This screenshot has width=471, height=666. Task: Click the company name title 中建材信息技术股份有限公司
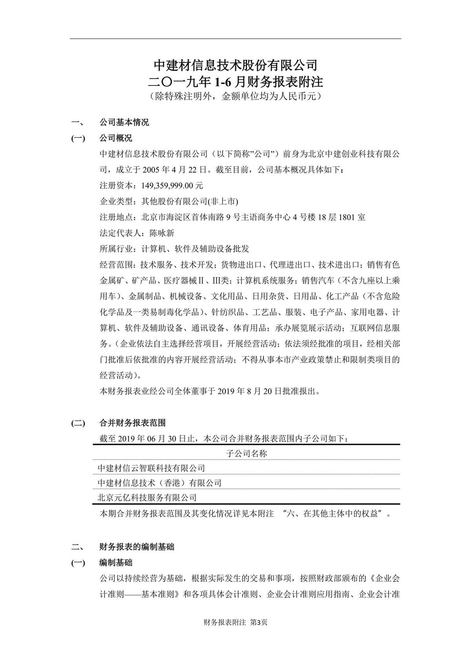click(235, 64)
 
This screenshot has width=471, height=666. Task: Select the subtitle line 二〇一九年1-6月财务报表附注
click(235, 81)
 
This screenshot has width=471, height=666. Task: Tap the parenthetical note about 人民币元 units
click(235, 96)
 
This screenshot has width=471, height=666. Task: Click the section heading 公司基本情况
click(124, 122)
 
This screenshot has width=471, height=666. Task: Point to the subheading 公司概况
click(116, 138)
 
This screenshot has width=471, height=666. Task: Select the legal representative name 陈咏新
click(162, 233)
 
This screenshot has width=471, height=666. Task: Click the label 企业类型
click(116, 201)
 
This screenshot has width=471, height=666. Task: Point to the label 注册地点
click(116, 217)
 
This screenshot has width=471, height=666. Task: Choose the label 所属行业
click(116, 249)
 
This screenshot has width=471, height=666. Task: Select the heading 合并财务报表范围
click(132, 423)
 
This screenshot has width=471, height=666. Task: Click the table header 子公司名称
click(246, 454)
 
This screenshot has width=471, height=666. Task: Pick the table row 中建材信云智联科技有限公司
click(152, 468)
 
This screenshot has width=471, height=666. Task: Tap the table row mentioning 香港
click(160, 483)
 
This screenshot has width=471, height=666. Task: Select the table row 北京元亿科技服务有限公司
click(147, 498)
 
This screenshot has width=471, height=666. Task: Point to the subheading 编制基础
click(116, 563)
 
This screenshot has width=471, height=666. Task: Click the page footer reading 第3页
click(259, 622)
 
